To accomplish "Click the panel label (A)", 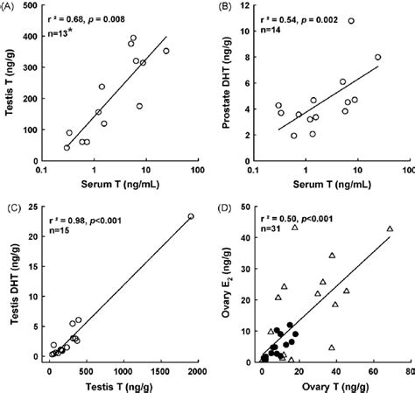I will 11,8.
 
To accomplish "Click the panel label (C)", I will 11,209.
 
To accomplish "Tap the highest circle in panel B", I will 351,21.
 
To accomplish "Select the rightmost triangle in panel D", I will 390,229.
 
